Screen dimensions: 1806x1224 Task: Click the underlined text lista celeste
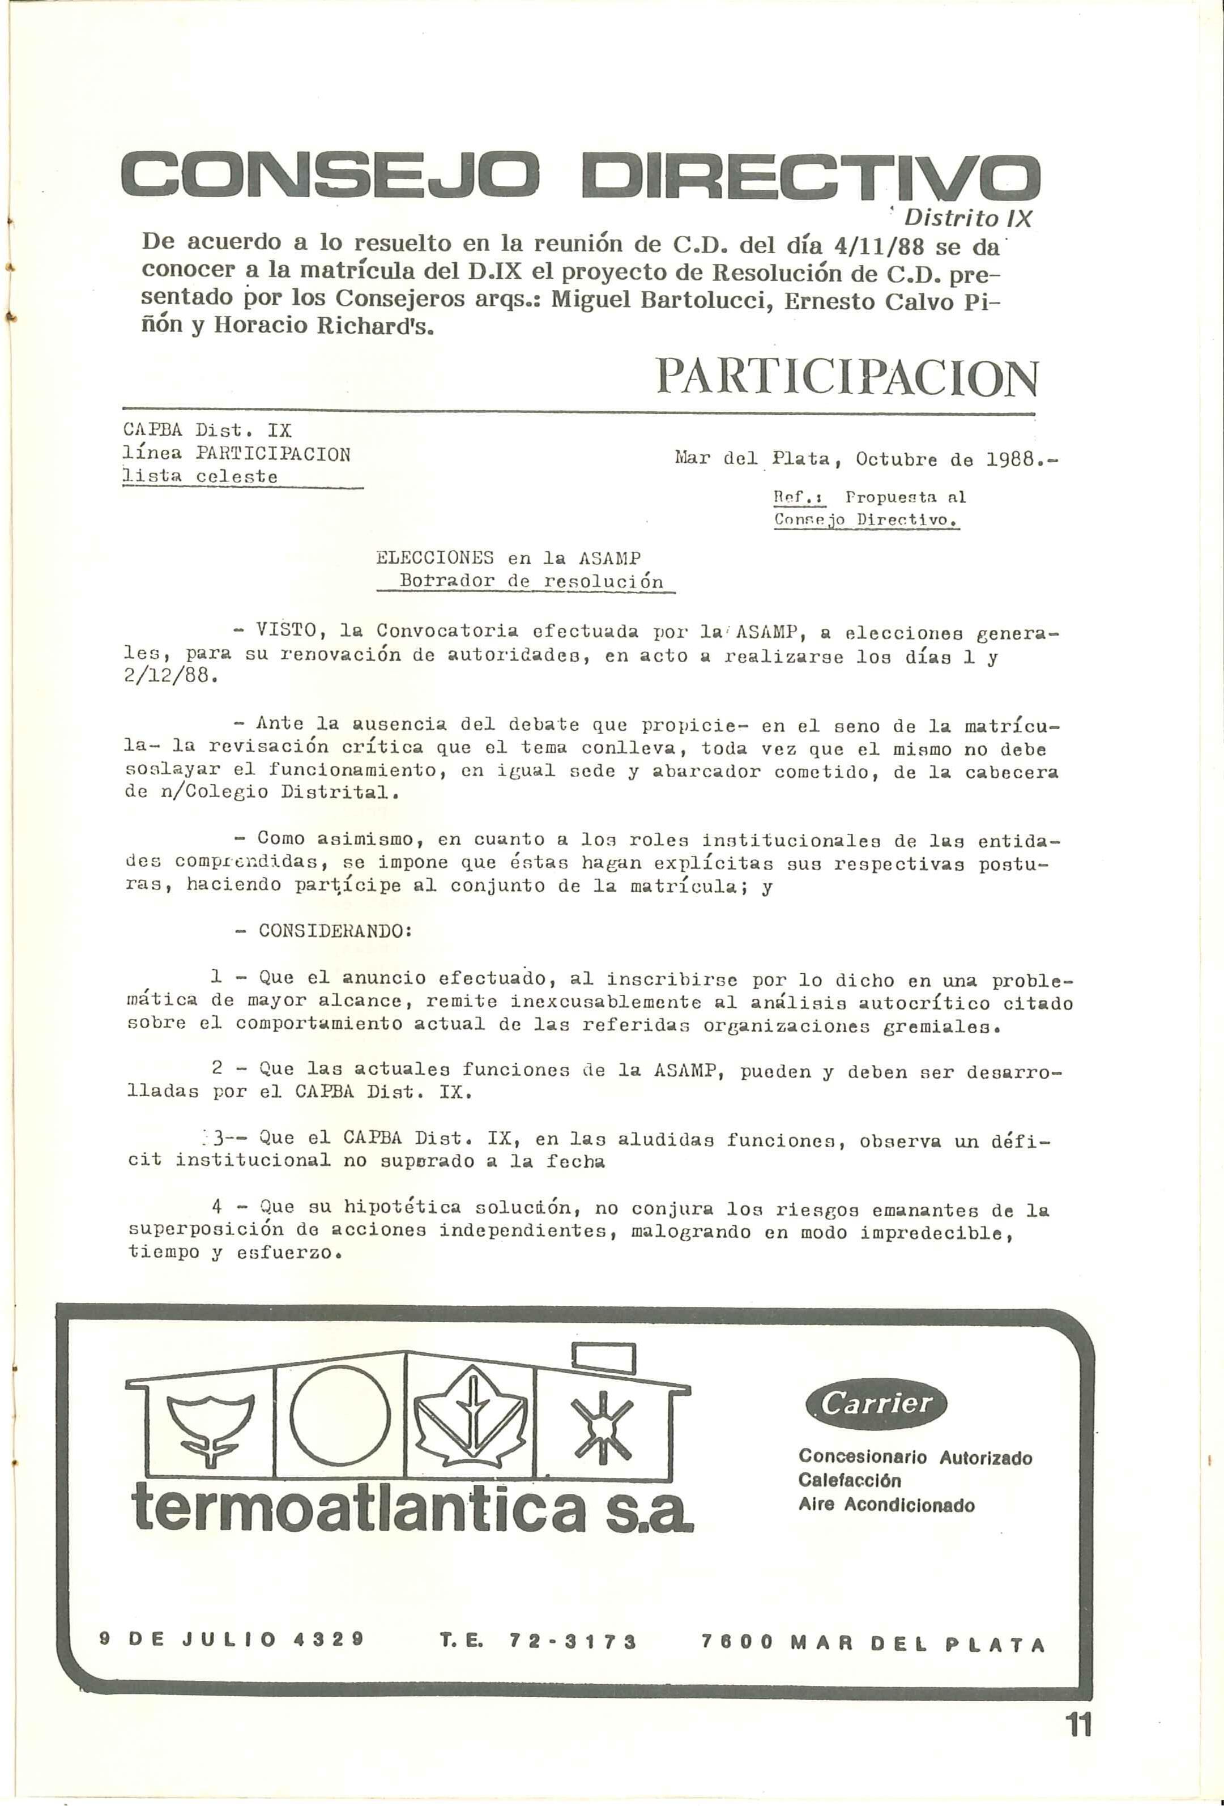[201, 477]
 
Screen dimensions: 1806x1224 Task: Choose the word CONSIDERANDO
[334, 931]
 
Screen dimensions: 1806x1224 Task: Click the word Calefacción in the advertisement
[850, 1481]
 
